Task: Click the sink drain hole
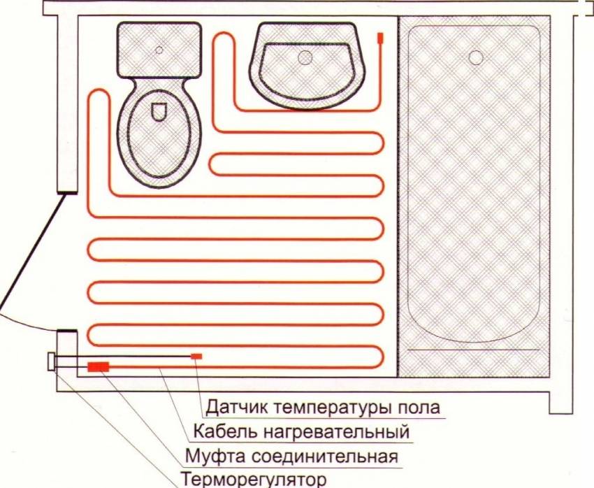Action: click(305, 58)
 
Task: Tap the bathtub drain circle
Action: click(476, 57)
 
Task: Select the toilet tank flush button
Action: click(159, 50)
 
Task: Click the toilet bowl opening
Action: click(158, 110)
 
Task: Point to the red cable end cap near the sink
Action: click(380, 38)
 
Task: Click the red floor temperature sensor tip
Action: click(197, 357)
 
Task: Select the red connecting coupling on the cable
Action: click(99, 366)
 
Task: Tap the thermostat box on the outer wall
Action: click(52, 362)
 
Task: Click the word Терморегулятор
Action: click(253, 480)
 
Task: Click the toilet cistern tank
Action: click(159, 49)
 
